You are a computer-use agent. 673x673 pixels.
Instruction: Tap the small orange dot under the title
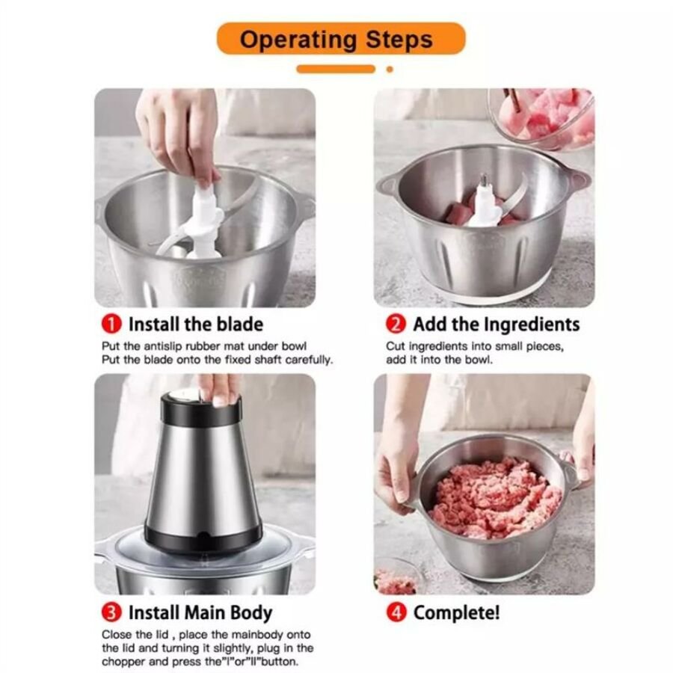390,69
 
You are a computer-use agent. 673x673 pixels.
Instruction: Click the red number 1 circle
111,324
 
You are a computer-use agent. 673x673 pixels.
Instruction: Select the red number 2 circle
396,324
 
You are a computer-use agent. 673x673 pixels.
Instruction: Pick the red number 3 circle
111,612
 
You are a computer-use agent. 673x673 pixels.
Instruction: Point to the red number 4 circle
396,612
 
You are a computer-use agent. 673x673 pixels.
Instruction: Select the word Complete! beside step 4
457,613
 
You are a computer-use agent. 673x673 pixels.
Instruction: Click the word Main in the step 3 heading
206,612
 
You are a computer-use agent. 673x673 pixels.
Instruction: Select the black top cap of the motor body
201,408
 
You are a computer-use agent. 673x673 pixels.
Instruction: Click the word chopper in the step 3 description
125,662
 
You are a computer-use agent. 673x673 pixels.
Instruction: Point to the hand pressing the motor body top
219,388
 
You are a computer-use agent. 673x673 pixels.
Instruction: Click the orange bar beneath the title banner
336,69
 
